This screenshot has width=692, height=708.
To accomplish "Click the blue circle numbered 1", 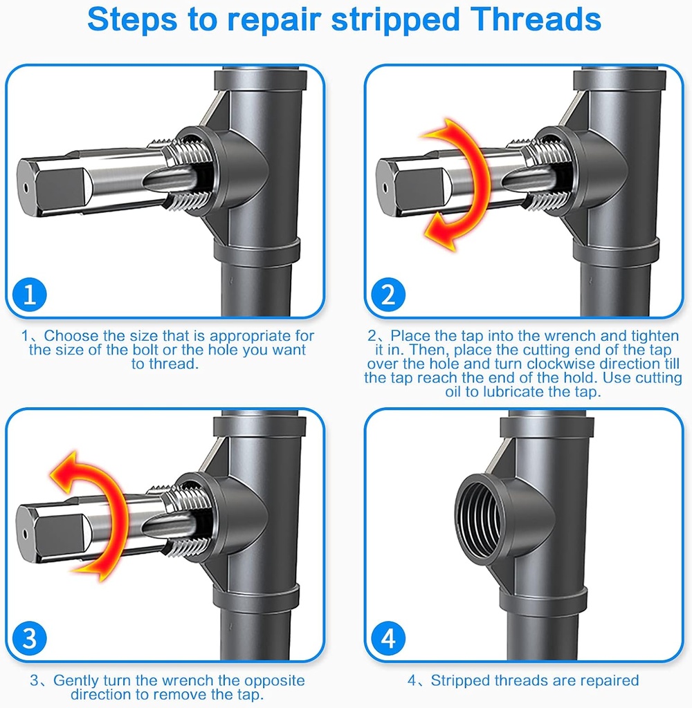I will click(29, 295).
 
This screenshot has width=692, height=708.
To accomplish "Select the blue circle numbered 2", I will click(388, 295).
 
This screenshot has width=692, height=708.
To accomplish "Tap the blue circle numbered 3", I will click(29, 638).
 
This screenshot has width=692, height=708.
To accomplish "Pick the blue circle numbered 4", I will click(388, 638).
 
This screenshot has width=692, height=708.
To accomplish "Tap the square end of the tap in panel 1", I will click(52, 185).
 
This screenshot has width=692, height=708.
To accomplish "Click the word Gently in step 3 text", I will click(77, 680).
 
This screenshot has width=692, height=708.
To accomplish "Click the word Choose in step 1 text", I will click(67, 336).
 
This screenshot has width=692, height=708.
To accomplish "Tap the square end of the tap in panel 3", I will click(52, 529).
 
